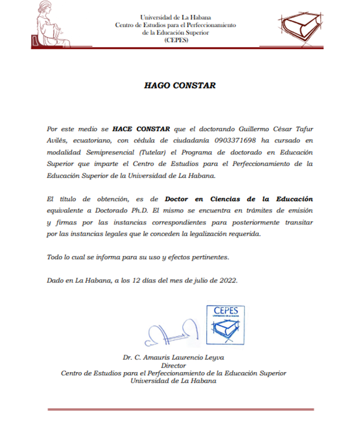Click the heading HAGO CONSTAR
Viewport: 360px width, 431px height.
point(179,86)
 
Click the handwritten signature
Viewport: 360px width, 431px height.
point(169,332)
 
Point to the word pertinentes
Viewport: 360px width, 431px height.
point(206,257)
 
